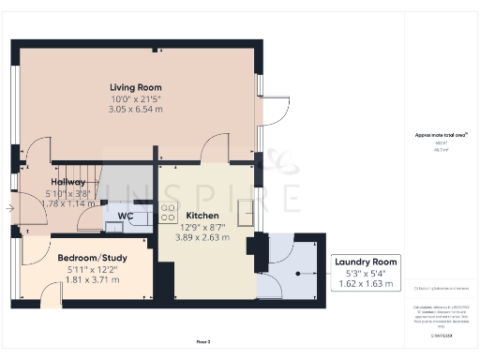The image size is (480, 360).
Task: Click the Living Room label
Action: click(x=137, y=88)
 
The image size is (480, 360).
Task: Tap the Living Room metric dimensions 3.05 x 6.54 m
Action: click(x=137, y=109)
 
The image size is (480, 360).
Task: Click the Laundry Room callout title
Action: click(x=367, y=262)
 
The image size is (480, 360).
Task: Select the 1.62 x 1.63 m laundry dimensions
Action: click(x=367, y=282)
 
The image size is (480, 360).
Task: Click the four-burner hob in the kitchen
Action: click(x=169, y=213)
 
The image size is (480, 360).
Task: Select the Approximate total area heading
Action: click(x=434, y=135)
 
